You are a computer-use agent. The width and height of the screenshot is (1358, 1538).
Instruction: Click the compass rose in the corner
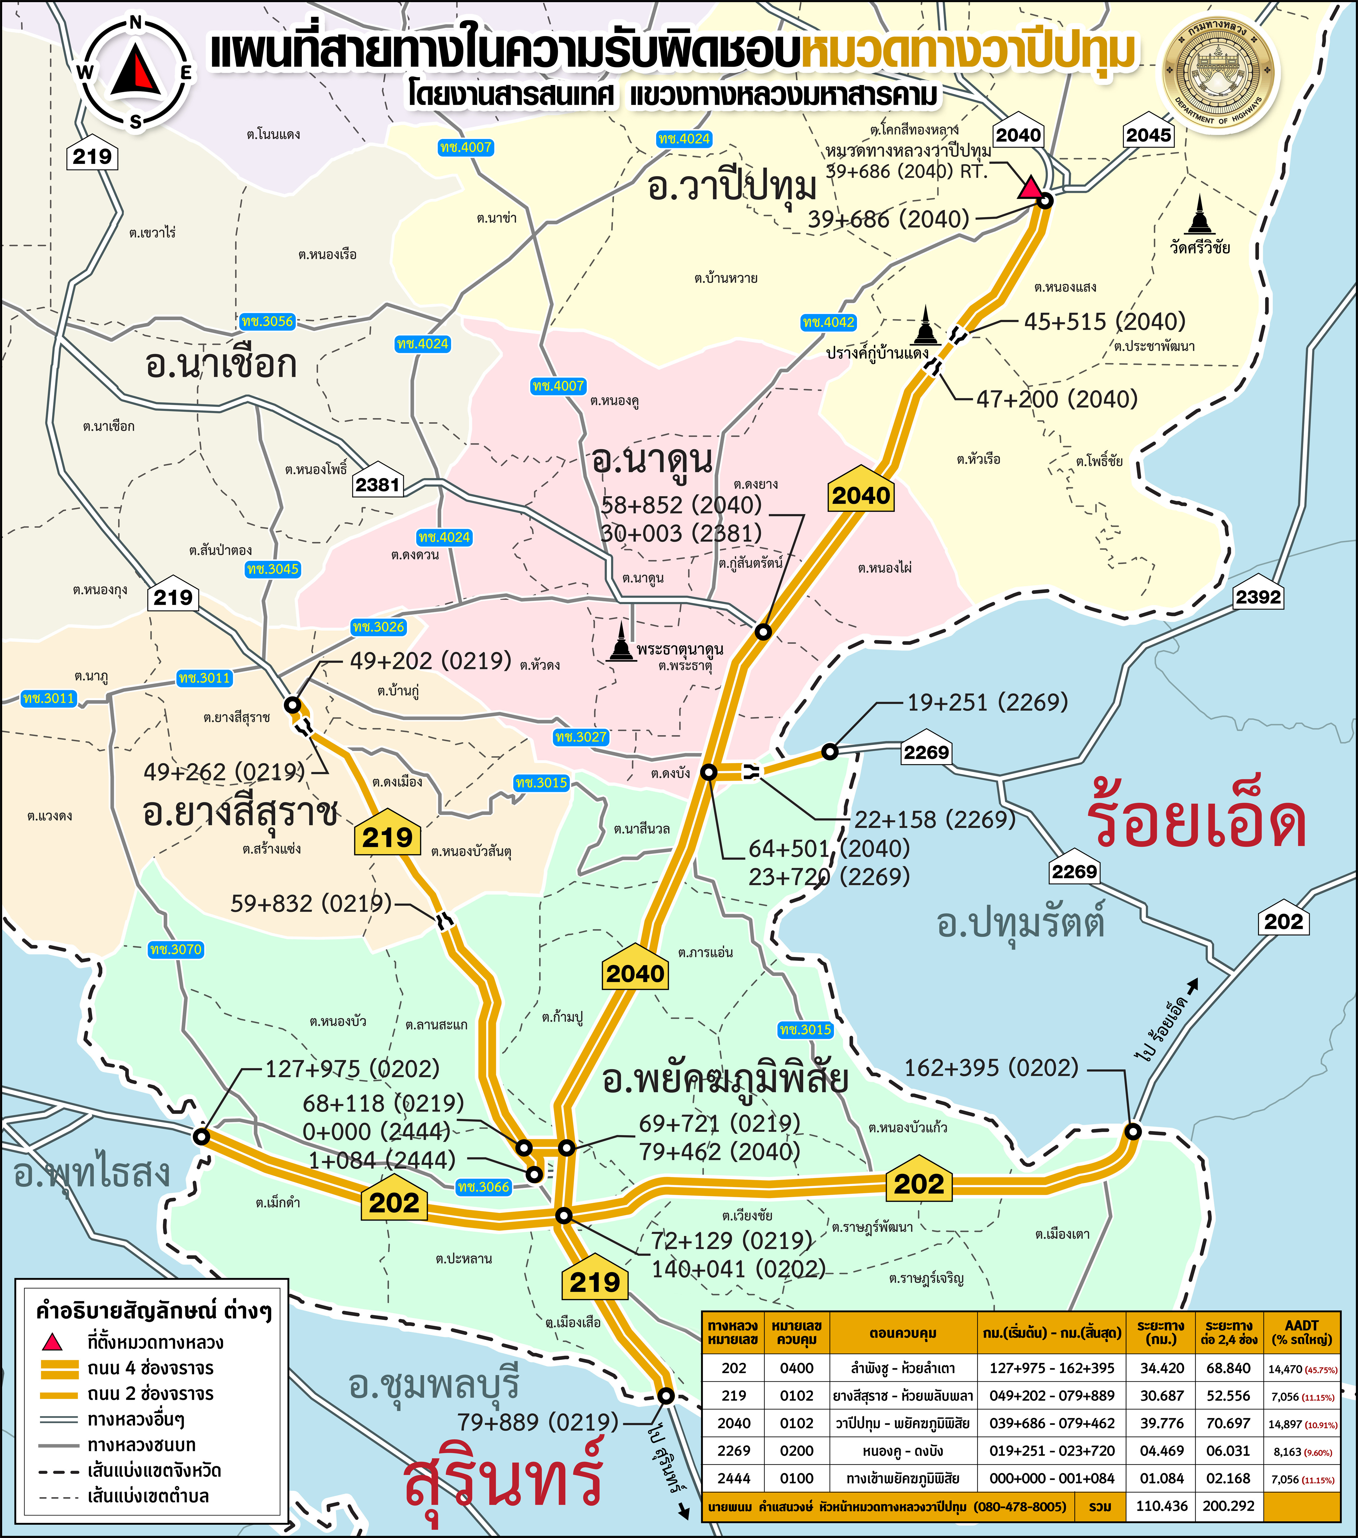pos(135,73)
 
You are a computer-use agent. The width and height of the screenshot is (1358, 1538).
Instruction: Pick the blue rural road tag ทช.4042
pos(828,322)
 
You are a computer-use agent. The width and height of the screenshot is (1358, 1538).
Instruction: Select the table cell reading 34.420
pos(1162,1368)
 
